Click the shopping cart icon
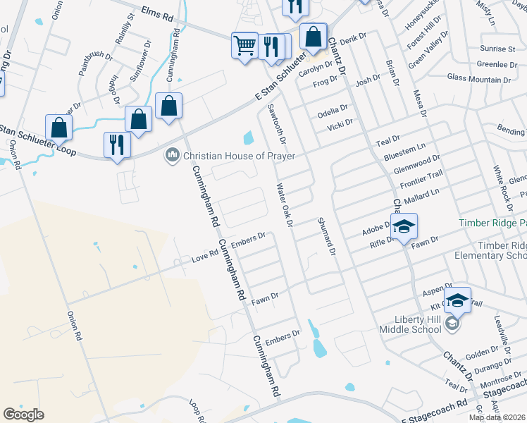pyautogui.click(x=244, y=46)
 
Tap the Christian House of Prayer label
pyautogui.click(x=240, y=156)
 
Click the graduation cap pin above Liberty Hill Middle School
pyautogui.click(x=457, y=300)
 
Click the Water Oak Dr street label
pyautogui.click(x=285, y=205)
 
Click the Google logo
pyautogui.click(x=23, y=415)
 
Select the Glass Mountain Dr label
pyautogui.click(x=479, y=78)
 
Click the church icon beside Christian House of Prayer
pyautogui.click(x=172, y=155)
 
